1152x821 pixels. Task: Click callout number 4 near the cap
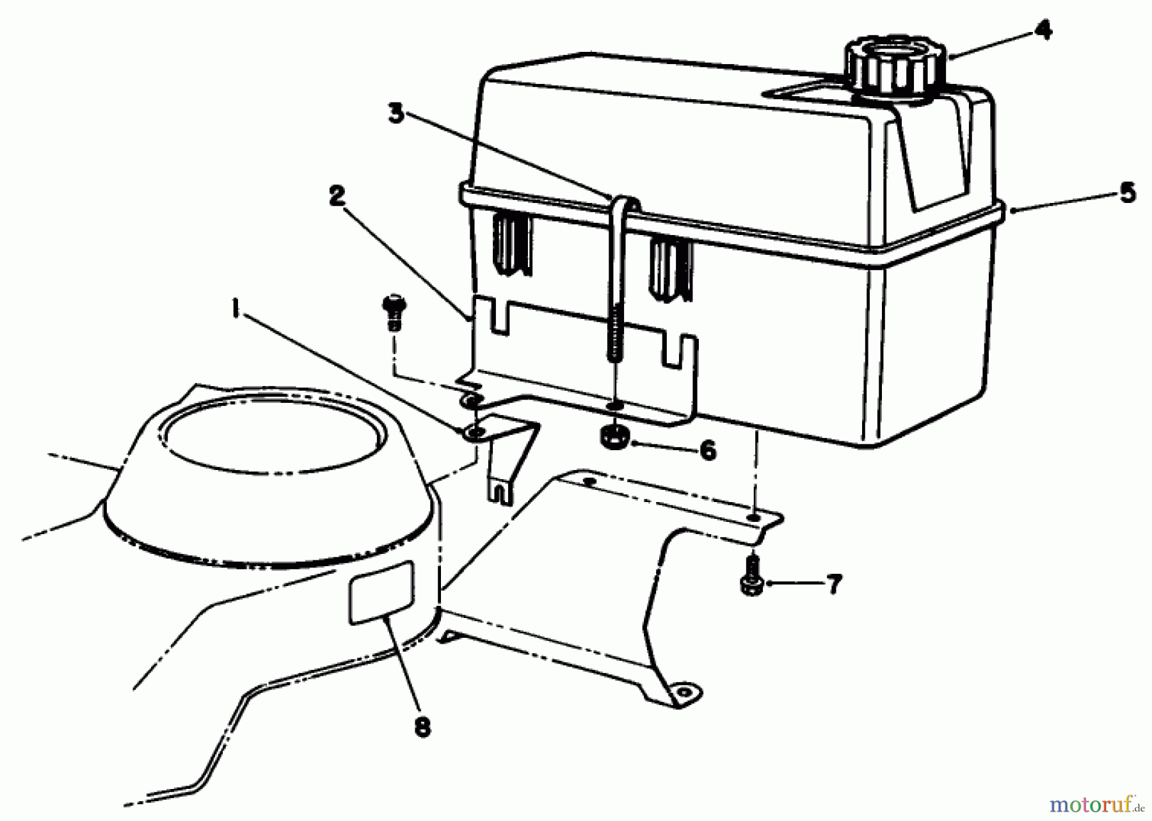click(x=1043, y=30)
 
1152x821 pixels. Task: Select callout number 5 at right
click(x=1127, y=193)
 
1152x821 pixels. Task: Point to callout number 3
click(x=397, y=115)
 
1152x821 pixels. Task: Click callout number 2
click(x=337, y=196)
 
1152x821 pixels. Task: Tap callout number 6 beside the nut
click(x=707, y=450)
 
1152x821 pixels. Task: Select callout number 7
click(x=833, y=584)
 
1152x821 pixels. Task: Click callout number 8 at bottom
click(x=422, y=728)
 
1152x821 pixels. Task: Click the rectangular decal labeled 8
click(x=381, y=590)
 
